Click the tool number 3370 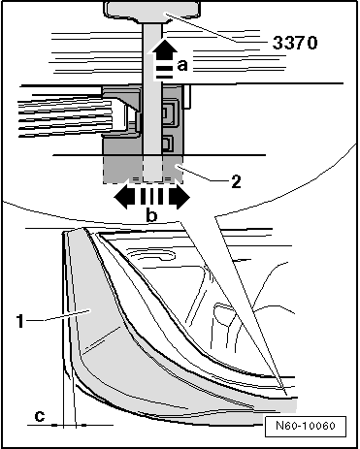click(x=295, y=43)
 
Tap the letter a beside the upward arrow click(x=182, y=65)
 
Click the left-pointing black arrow click(x=124, y=197)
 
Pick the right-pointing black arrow click(x=179, y=197)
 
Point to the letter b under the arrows click(x=151, y=215)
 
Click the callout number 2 click(x=236, y=182)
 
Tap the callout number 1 click(x=20, y=321)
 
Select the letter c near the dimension click(x=40, y=416)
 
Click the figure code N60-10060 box click(x=306, y=427)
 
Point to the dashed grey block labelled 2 click(x=143, y=170)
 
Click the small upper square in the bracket click(x=169, y=113)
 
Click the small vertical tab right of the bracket click(x=187, y=96)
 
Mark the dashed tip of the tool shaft click(x=152, y=169)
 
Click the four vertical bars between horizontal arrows click(x=151, y=197)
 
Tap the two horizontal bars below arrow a click(x=165, y=73)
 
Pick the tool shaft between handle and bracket click(x=152, y=89)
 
